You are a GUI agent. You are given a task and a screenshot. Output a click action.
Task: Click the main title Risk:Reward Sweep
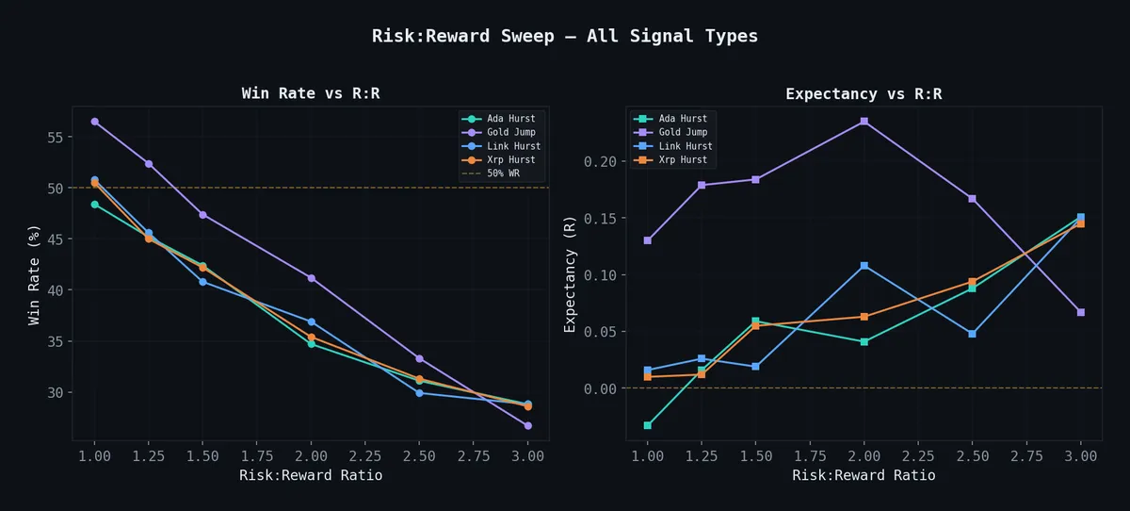click(564, 37)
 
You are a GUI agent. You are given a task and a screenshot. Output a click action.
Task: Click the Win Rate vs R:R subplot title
click(311, 93)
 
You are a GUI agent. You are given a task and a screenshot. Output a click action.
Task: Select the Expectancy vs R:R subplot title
click(864, 93)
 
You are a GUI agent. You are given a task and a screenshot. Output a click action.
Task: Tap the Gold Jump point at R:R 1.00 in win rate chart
click(94, 122)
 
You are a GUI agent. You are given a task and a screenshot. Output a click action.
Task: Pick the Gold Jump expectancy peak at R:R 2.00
click(864, 122)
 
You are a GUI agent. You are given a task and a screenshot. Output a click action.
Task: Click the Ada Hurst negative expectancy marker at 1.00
click(647, 425)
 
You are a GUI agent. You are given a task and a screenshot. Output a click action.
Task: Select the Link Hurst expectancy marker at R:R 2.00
click(864, 266)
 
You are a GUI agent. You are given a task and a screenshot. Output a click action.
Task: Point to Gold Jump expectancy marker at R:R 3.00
click(1080, 312)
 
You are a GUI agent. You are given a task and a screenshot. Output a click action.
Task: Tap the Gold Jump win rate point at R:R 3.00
click(527, 425)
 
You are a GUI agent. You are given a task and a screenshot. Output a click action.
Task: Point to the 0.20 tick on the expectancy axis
click(601, 161)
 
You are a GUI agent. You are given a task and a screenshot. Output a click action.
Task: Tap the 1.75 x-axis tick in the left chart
click(256, 456)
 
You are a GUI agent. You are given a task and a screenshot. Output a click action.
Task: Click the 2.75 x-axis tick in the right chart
click(1026, 456)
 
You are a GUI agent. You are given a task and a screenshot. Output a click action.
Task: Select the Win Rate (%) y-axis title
click(35, 274)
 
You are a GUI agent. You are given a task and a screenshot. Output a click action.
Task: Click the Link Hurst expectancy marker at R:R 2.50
click(972, 334)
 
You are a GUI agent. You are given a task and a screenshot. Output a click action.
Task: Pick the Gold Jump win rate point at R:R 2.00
click(311, 278)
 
